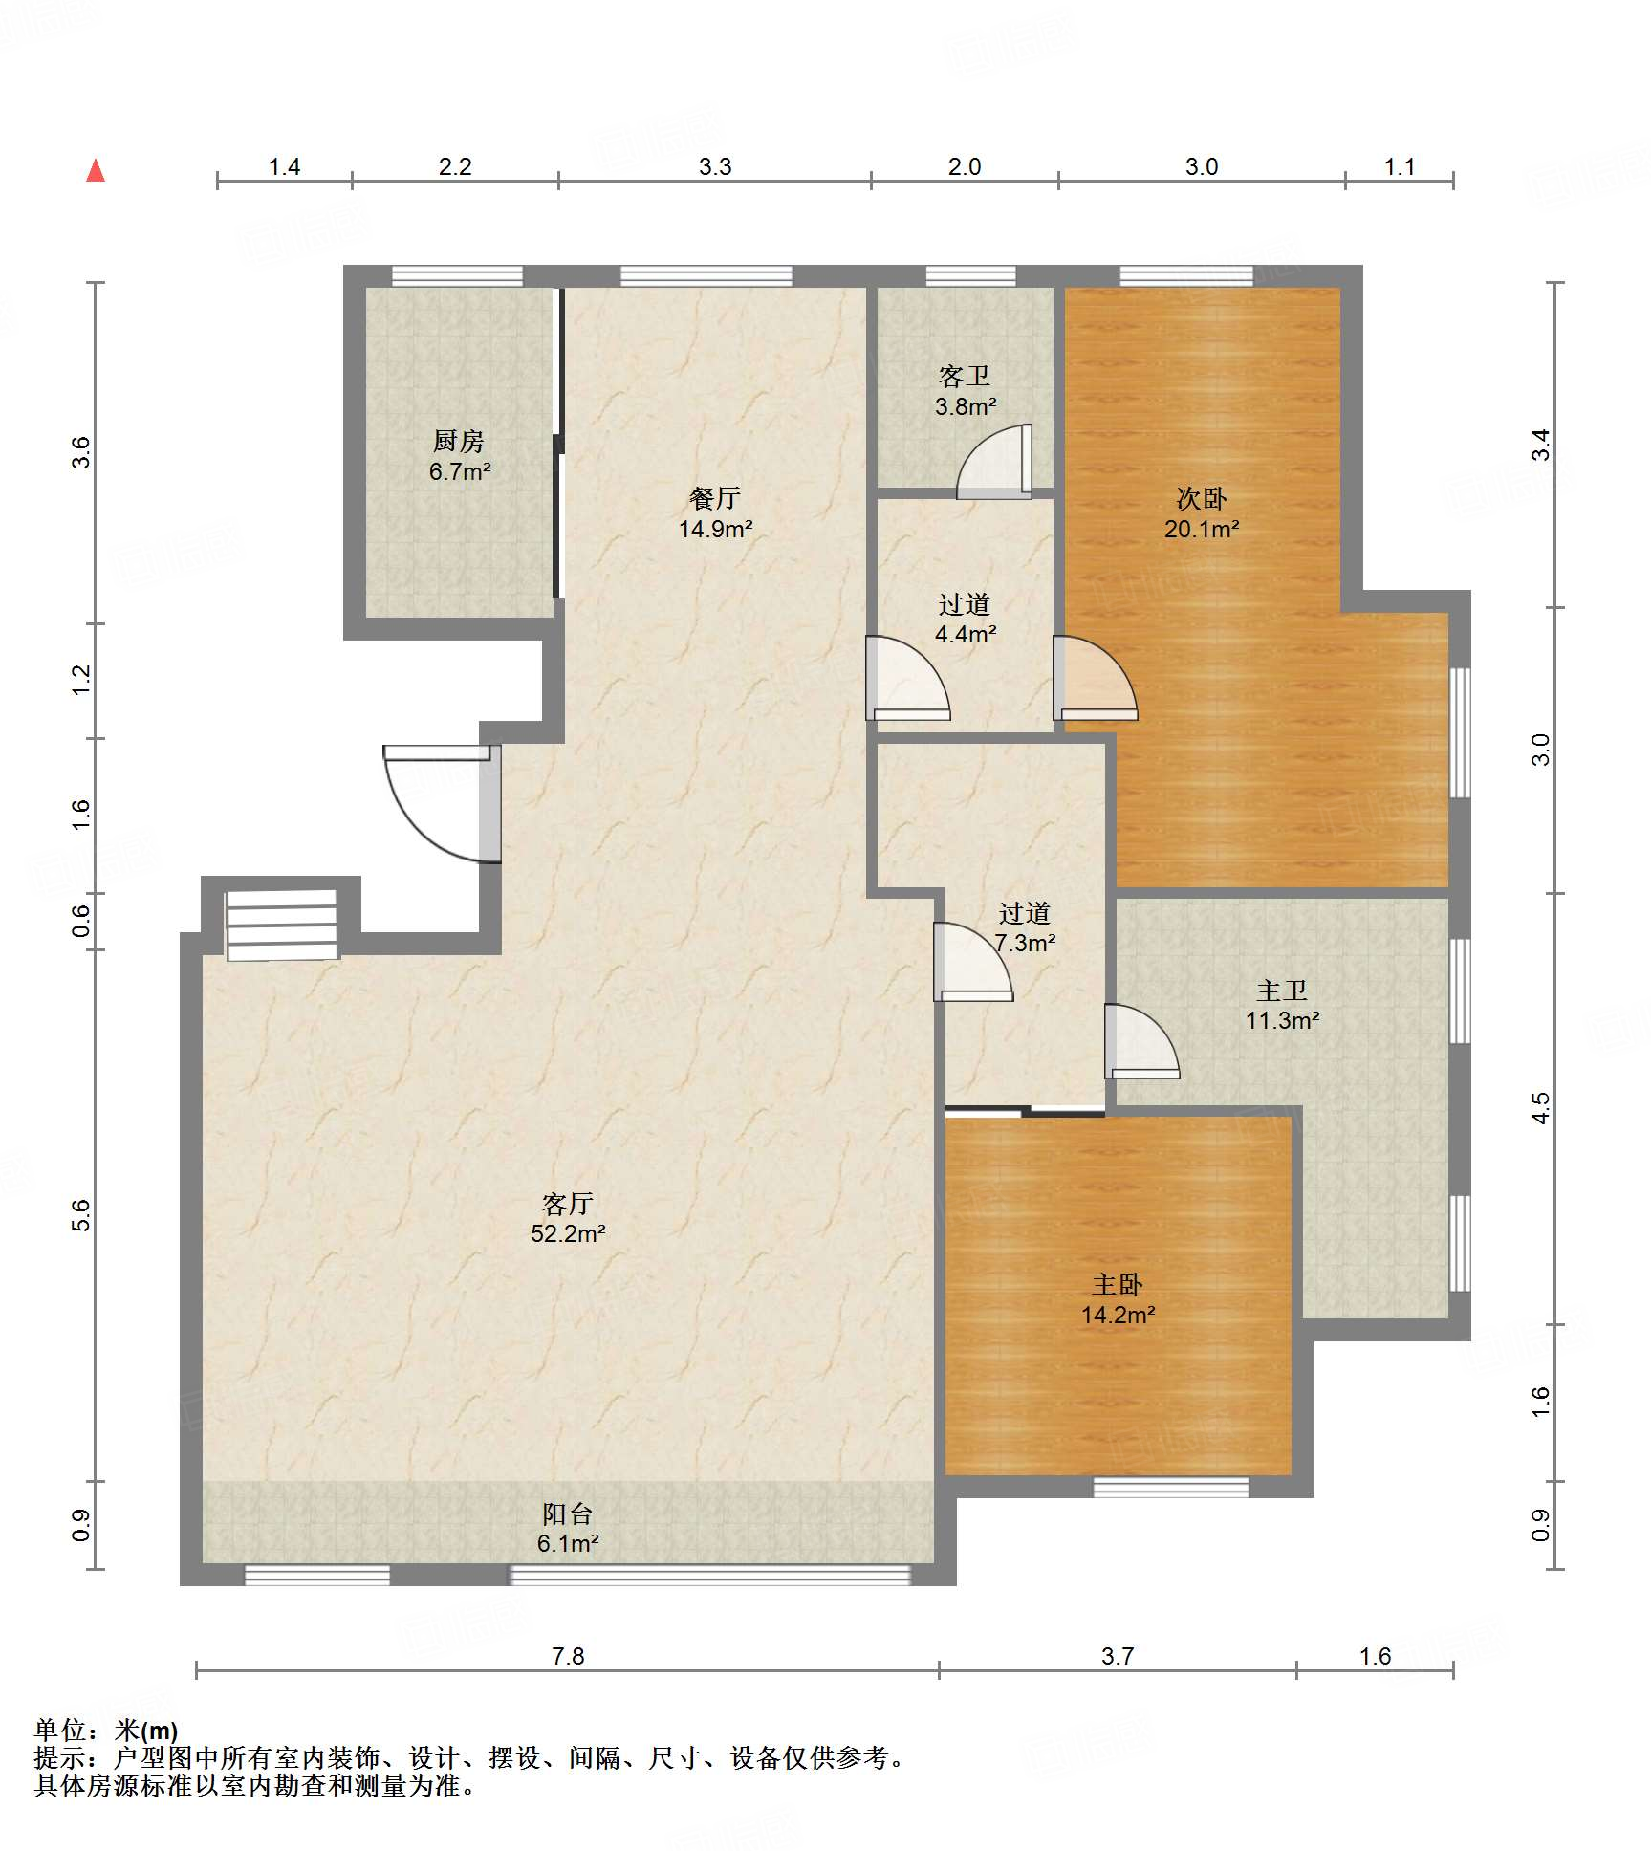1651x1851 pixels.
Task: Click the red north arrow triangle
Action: [96, 171]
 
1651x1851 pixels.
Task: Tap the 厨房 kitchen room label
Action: [459, 442]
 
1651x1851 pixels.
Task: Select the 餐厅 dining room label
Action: [715, 498]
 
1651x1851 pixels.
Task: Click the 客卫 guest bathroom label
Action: [965, 377]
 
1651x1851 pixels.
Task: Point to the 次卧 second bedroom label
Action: [1202, 498]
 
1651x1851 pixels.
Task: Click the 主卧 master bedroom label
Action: [1118, 1284]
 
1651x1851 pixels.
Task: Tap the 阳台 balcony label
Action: [568, 1513]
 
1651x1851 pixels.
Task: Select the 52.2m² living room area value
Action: [568, 1233]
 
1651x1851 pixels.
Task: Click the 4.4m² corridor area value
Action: [966, 634]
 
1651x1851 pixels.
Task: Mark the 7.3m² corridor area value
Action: [1025, 943]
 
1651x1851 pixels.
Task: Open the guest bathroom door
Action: [994, 461]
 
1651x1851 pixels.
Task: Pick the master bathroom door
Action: [1141, 1041]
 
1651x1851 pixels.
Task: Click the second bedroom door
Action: [1096, 678]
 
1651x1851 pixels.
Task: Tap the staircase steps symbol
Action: [282, 925]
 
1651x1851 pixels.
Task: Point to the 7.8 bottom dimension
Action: [568, 1656]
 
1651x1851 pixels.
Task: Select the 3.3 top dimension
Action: [715, 166]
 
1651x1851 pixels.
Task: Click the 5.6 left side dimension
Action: [81, 1215]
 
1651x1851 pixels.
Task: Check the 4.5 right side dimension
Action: [1540, 1108]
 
